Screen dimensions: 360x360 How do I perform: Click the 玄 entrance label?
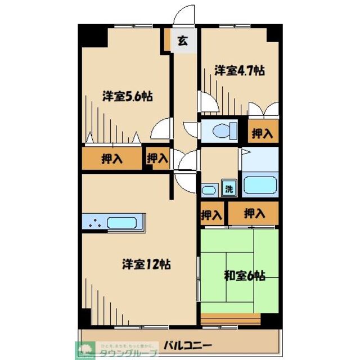click(x=182, y=40)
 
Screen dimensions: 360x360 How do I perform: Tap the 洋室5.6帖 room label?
click(x=127, y=96)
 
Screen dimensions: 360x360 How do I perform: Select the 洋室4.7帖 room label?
click(x=239, y=71)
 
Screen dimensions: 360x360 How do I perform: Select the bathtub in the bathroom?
click(x=259, y=185)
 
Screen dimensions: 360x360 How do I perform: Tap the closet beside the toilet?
click(x=263, y=133)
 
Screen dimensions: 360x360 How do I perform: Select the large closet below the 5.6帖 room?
click(x=112, y=159)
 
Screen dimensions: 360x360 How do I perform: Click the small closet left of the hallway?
click(x=157, y=159)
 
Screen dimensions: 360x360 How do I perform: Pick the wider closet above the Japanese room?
click(x=254, y=214)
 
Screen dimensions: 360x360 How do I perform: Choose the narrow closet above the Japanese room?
click(x=211, y=214)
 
